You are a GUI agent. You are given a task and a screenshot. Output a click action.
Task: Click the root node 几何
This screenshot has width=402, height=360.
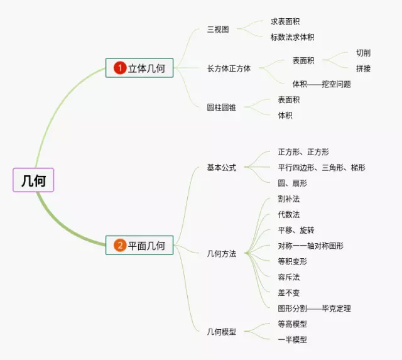pyautogui.click(x=33, y=180)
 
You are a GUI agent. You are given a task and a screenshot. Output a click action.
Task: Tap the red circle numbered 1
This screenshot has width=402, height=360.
pyautogui.click(x=120, y=68)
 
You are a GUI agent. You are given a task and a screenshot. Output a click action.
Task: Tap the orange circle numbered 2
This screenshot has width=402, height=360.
pyautogui.click(x=120, y=246)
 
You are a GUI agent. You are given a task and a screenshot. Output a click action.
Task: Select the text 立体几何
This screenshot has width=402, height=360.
pyautogui.click(x=146, y=68)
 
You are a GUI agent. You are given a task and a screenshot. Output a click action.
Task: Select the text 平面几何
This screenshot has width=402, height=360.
pyautogui.click(x=146, y=246)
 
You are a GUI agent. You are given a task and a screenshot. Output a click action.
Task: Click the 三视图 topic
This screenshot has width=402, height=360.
pyautogui.click(x=218, y=30)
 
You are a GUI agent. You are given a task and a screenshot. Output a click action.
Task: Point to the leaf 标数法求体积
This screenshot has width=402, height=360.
pyautogui.click(x=292, y=37)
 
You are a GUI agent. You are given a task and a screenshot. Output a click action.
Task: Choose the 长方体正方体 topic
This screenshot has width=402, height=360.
pyautogui.click(x=229, y=68)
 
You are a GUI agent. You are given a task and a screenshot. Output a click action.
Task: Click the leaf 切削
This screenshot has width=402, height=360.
pyautogui.click(x=363, y=53)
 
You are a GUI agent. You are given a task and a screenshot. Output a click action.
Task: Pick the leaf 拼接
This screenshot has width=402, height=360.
pyautogui.click(x=363, y=68)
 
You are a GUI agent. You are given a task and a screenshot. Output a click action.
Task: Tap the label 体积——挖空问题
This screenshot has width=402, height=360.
pyautogui.click(x=322, y=84)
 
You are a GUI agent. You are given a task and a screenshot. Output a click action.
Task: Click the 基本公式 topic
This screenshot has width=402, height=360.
pyautogui.click(x=222, y=168)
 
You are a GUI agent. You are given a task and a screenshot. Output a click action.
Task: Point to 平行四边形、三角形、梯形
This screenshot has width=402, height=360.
pyautogui.click(x=321, y=168)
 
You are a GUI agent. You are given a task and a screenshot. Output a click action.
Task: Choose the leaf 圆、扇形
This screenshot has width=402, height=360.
pyautogui.click(x=292, y=183)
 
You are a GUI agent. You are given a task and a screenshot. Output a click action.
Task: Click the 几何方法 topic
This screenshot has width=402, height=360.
pyautogui.click(x=222, y=254)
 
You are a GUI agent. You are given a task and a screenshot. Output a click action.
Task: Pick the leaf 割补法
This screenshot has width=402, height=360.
pyautogui.click(x=288, y=199)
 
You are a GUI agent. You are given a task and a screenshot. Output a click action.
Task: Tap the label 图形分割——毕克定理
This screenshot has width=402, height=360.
pyautogui.click(x=314, y=308)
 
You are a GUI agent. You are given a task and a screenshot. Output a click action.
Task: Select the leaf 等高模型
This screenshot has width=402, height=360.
pyautogui.click(x=292, y=324)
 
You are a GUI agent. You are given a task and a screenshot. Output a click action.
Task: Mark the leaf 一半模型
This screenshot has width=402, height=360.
pyautogui.click(x=292, y=339)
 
